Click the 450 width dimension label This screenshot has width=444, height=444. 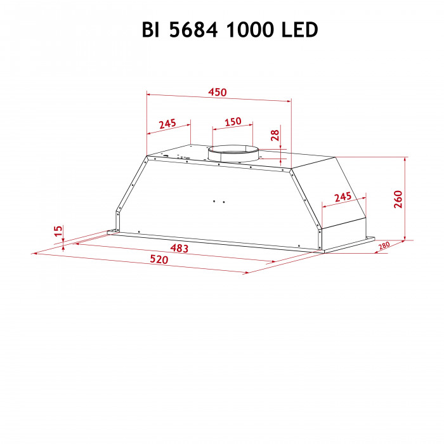(x=218, y=93)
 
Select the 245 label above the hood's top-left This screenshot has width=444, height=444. (x=167, y=124)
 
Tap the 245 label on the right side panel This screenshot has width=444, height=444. (x=343, y=197)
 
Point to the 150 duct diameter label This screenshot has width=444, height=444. (x=233, y=121)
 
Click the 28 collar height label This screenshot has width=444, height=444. (x=275, y=135)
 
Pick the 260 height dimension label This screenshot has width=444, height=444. (x=398, y=199)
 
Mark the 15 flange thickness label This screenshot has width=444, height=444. (x=58, y=232)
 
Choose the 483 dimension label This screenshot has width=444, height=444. (x=180, y=249)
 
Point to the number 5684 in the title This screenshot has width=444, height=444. (x=193, y=30)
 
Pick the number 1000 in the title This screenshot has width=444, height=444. (x=247, y=30)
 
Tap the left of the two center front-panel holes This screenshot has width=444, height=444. (x=215, y=202)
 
